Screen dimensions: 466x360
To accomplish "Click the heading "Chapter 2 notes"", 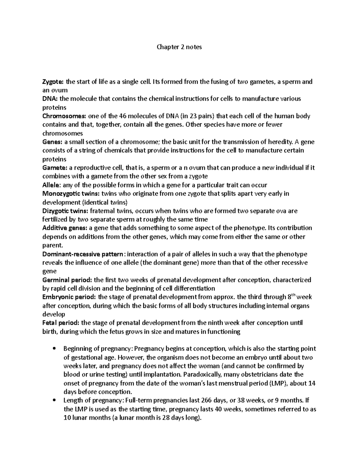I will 180,47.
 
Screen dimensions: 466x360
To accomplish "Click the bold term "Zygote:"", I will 53,82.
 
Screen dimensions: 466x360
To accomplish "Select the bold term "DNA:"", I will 50,99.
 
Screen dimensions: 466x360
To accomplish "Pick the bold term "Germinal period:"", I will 67,280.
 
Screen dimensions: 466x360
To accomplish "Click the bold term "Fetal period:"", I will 61,323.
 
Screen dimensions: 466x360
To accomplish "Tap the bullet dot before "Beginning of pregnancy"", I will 54,349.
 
